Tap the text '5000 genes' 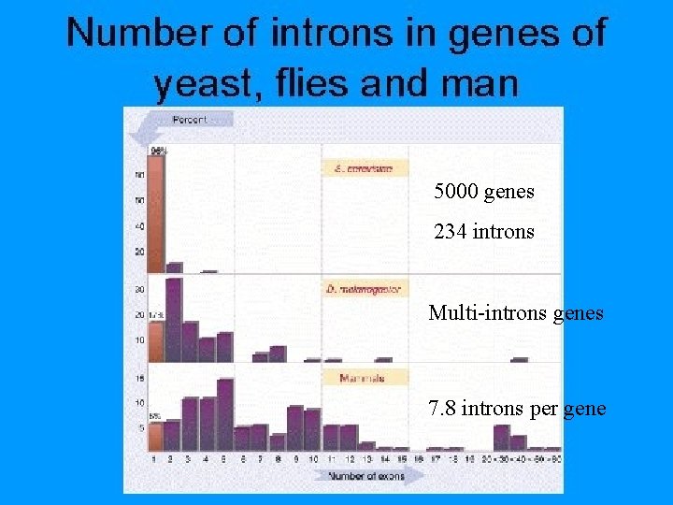point(484,192)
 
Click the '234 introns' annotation point(484,230)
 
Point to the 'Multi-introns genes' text point(516,313)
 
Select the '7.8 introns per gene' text point(517,409)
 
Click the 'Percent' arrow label point(190,120)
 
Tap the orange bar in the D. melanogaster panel point(155,337)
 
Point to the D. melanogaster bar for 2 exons point(173,320)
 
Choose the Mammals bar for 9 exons point(295,428)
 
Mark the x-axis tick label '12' point(348,459)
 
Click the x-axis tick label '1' point(154,459)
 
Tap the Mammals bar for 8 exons point(278,441)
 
